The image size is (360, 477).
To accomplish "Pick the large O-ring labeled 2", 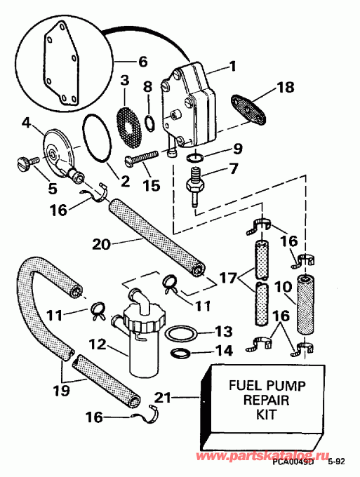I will point(96,135).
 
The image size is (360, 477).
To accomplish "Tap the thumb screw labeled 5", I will point(23,165).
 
